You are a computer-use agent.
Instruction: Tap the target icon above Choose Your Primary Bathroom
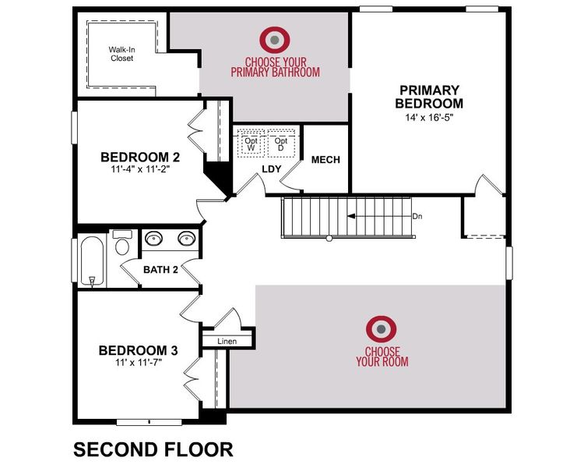pyautogui.click(x=274, y=38)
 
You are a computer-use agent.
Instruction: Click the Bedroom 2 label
pyautogui.click(x=135, y=157)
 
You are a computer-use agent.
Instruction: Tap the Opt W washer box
pyautogui.click(x=250, y=143)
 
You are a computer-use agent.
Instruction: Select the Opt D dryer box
pyautogui.click(x=281, y=143)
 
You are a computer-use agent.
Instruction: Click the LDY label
pyautogui.click(x=271, y=168)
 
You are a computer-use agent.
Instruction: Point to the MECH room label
pyautogui.click(x=325, y=160)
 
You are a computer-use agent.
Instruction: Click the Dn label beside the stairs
pyautogui.click(x=417, y=216)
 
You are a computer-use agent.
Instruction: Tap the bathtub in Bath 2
pyautogui.click(x=90, y=260)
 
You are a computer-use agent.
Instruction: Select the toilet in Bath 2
pyautogui.click(x=121, y=244)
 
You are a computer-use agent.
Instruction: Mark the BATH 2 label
pyautogui.click(x=161, y=270)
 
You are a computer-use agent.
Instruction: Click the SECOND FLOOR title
pyautogui.click(x=153, y=449)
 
